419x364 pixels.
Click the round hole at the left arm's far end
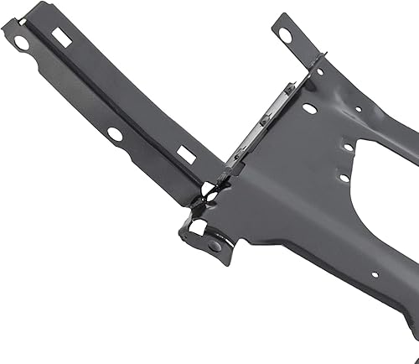pyautogui.click(x=19, y=39)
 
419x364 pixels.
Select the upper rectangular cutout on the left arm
pyautogui.click(x=60, y=37)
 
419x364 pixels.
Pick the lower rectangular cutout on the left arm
pyautogui.click(x=186, y=154)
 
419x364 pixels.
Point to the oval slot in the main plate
pyautogui.click(x=310, y=108)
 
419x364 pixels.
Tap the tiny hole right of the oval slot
pyautogui.click(x=358, y=108)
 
